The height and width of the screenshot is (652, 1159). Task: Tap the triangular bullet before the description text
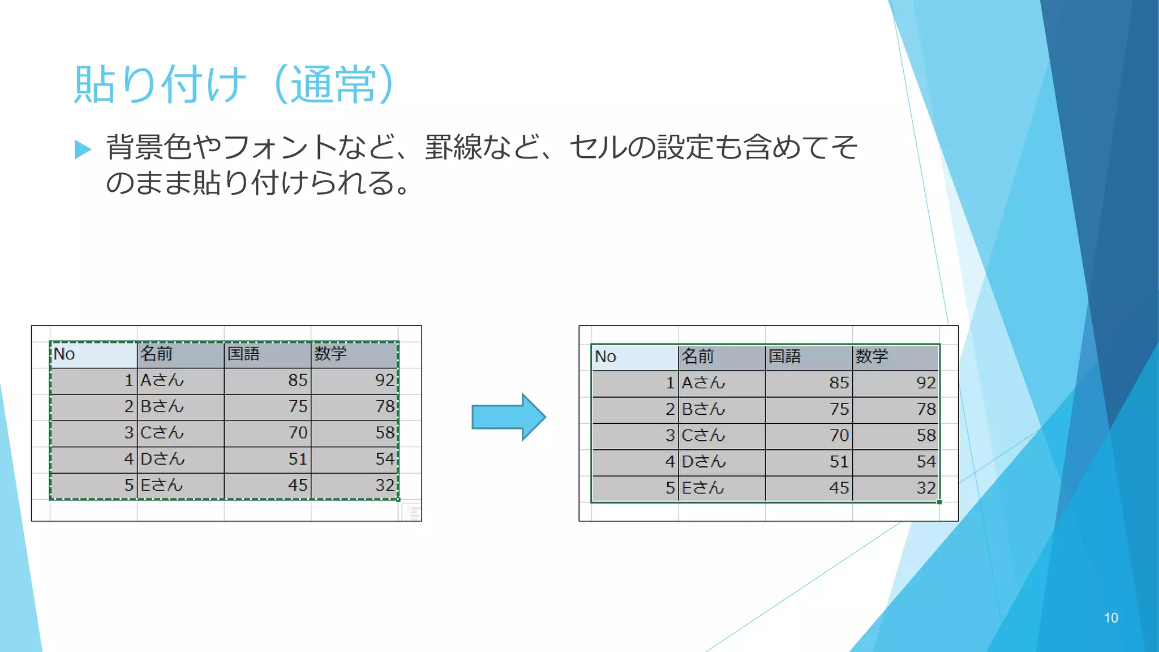(x=83, y=149)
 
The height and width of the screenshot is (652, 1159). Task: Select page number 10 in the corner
(x=1111, y=618)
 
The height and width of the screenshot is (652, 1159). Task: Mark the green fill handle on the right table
(x=939, y=502)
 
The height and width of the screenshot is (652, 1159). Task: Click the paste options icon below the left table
(x=412, y=513)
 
